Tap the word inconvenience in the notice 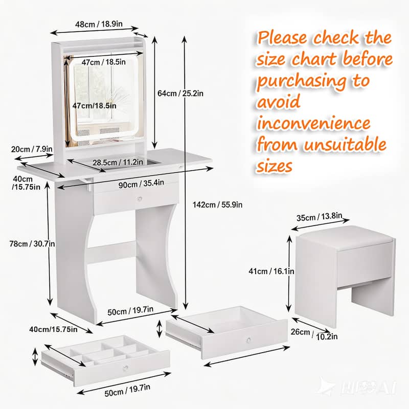point(314,124)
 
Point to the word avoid point(279,102)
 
